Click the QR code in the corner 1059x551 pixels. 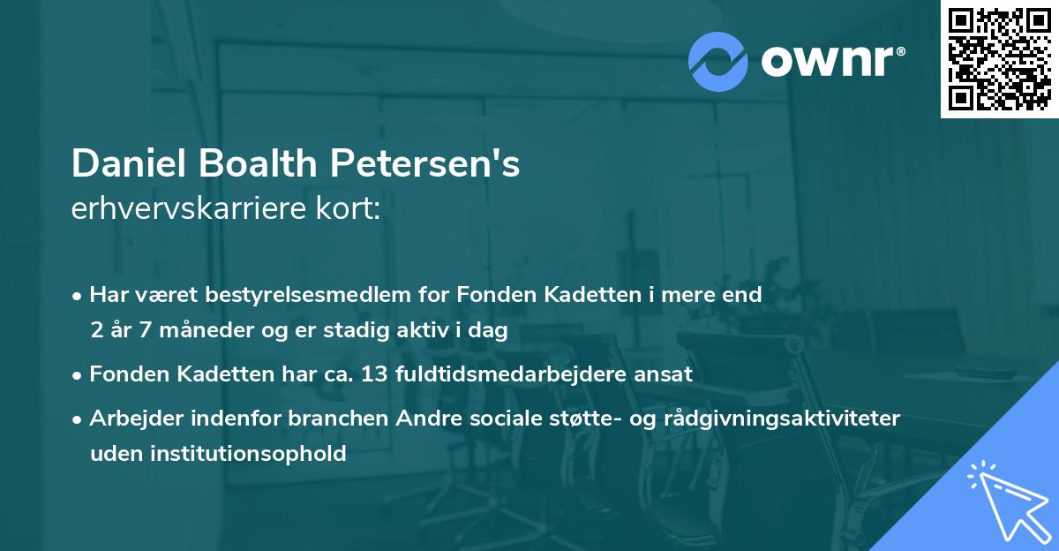coord(999,59)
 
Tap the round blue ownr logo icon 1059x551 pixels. coord(717,62)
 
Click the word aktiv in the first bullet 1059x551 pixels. coord(437,330)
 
